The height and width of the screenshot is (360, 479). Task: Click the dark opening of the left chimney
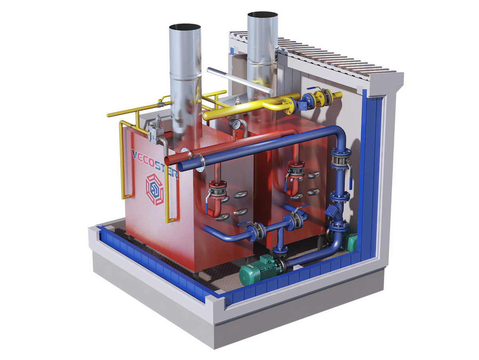[185, 28]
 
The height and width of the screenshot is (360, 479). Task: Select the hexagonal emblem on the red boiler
[154, 189]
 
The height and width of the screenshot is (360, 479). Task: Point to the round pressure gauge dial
[235, 124]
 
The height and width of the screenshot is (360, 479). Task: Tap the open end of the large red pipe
[167, 161]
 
